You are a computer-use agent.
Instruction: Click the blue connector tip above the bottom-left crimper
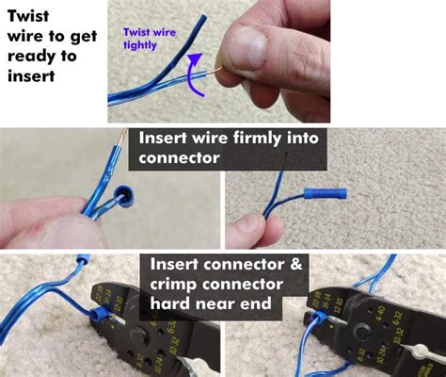(x=83, y=257)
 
